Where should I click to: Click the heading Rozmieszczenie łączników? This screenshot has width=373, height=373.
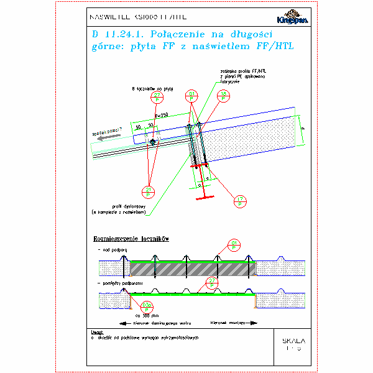pos(131,238)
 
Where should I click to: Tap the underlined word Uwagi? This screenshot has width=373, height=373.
pos(96,332)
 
